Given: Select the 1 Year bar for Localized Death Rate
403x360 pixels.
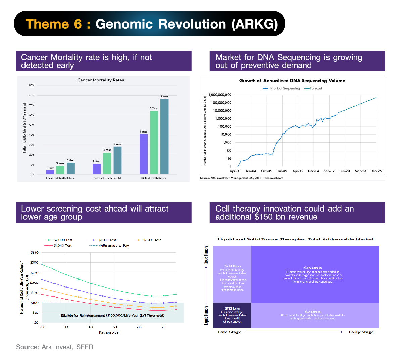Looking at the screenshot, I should (50, 172).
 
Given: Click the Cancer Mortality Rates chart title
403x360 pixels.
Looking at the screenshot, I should (101, 80).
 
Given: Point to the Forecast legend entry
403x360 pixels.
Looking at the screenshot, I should (313, 88).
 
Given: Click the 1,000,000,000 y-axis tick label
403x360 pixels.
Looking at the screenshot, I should (219, 95).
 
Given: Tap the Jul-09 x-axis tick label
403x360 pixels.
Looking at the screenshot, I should (282, 171).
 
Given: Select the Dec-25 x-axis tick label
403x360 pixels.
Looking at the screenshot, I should (376, 171).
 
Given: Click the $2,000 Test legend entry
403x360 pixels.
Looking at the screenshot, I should (59, 240).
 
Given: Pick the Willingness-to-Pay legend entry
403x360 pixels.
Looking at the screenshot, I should (109, 246).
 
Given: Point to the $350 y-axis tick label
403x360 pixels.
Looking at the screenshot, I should (35, 252).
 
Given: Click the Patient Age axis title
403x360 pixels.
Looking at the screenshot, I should (109, 333).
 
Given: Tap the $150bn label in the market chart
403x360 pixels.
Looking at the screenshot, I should (313, 268).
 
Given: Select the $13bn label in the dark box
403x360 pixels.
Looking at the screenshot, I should (232, 308).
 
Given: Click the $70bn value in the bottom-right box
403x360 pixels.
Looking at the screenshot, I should (313, 312).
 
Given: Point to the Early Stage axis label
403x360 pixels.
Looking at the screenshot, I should (361, 332).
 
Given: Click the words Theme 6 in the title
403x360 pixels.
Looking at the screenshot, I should (54, 24).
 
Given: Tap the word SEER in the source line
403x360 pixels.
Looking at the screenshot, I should (85, 347).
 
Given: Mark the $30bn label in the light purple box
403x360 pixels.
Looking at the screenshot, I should (233, 266).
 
